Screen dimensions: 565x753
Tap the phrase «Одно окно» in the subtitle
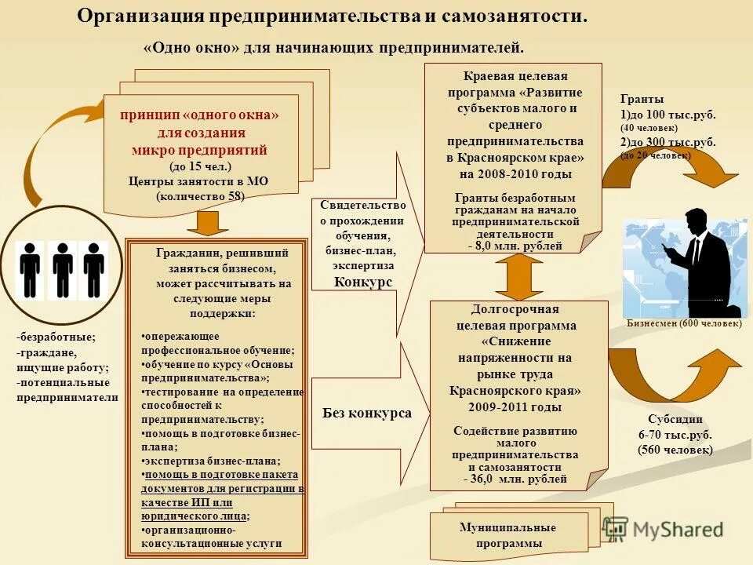(x=191, y=49)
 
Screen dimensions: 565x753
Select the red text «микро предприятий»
(x=199, y=150)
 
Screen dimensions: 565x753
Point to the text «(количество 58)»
(x=200, y=195)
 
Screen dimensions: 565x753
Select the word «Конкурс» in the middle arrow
(x=363, y=282)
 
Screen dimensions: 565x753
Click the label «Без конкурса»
(x=367, y=413)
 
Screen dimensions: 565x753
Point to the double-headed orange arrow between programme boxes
(x=514, y=277)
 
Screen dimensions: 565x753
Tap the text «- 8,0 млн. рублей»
(x=515, y=246)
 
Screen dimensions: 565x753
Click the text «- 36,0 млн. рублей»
(x=515, y=479)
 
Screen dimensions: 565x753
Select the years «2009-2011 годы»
(x=515, y=407)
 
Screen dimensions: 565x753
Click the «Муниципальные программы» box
(x=507, y=534)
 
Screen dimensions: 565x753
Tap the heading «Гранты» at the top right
(x=642, y=100)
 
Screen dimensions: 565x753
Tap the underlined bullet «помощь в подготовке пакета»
(x=220, y=475)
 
